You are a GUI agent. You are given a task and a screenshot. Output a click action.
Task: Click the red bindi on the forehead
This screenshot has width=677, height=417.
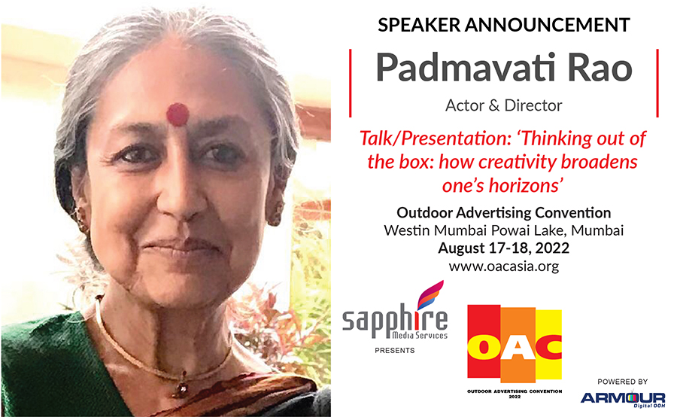click(178, 114)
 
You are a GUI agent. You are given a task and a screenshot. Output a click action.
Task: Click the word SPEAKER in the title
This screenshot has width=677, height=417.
click(419, 25)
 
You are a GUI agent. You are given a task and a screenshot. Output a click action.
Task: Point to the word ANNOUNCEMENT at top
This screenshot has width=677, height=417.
click(548, 25)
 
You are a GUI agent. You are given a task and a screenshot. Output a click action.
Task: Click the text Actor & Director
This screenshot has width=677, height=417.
click(503, 105)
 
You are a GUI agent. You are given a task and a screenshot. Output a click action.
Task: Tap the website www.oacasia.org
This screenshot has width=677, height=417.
click(503, 266)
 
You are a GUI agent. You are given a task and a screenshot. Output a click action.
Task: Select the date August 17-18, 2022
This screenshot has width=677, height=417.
click(503, 248)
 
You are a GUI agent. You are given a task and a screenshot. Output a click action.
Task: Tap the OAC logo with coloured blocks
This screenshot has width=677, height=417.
click(515, 349)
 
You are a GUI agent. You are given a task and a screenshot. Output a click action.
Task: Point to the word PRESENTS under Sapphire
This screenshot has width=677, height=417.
click(395, 351)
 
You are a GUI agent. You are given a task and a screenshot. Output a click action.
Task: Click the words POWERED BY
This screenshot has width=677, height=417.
click(622, 382)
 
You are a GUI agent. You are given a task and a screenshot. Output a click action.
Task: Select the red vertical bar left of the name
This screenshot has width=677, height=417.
click(350, 83)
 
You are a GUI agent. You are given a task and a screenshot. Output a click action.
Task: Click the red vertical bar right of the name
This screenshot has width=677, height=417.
click(657, 83)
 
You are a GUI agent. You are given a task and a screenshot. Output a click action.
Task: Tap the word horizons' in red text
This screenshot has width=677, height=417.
click(526, 186)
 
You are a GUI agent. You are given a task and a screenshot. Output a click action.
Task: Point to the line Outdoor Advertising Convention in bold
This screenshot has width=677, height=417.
click(503, 212)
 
